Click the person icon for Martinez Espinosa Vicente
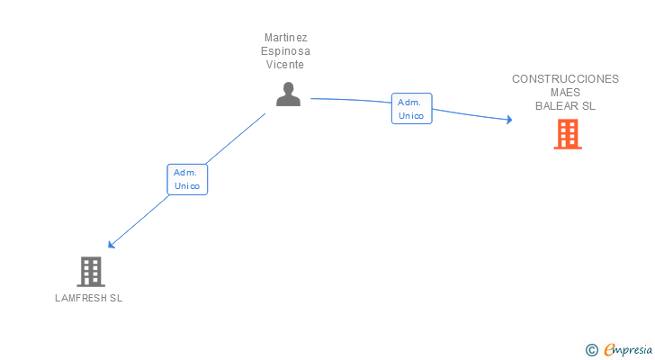pyautogui.click(x=288, y=94)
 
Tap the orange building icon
pyautogui.click(x=567, y=134)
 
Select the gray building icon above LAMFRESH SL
pyautogui.click(x=90, y=271)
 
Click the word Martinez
pyautogui.click(x=285, y=38)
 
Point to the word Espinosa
pyautogui.click(x=285, y=51)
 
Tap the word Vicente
pyautogui.click(x=285, y=65)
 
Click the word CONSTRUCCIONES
pyautogui.click(x=565, y=78)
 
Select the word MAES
pyautogui.click(x=565, y=92)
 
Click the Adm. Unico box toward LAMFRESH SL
pyautogui.click(x=187, y=179)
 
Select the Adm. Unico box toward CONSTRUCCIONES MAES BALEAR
pyautogui.click(x=411, y=109)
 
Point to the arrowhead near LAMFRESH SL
pyautogui.click(x=111, y=245)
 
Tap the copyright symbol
pyautogui.click(x=591, y=350)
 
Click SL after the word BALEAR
pyautogui.click(x=588, y=105)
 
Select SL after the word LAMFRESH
pyautogui.click(x=115, y=299)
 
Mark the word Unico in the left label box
pyautogui.click(x=187, y=186)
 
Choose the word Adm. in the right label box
pyautogui.click(x=411, y=102)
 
